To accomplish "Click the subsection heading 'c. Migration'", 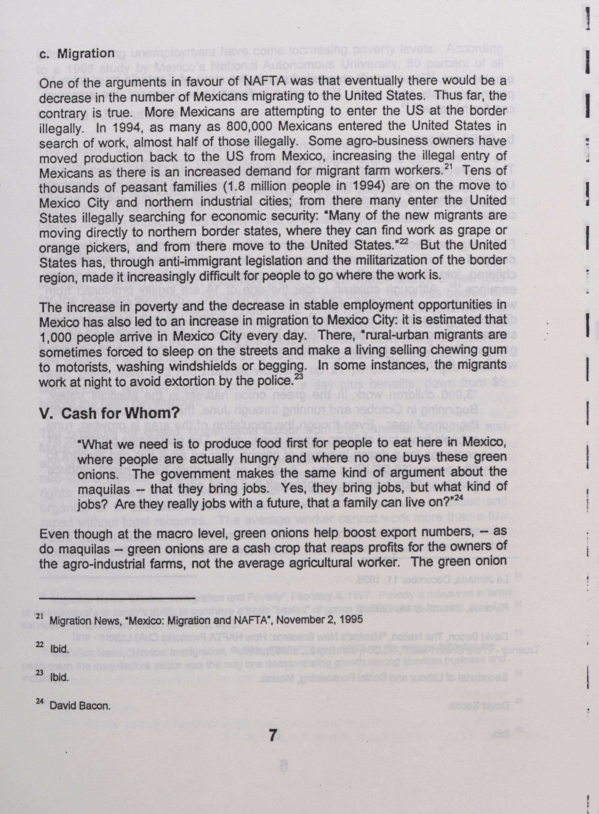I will [77, 54].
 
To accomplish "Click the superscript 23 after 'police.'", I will [298, 377].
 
